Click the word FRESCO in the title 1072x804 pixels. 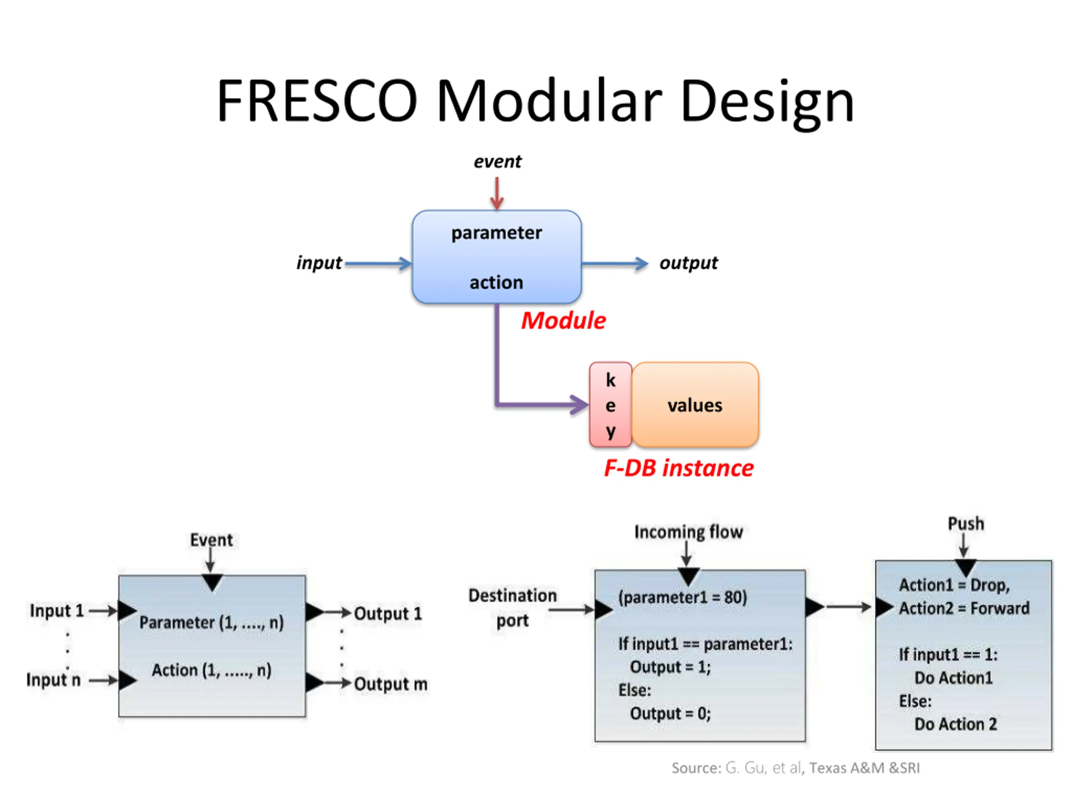pos(317,100)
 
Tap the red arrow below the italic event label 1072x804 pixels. pos(497,193)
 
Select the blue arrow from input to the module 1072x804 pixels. pos(379,264)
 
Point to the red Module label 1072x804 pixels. pos(563,321)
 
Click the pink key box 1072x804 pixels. pos(611,405)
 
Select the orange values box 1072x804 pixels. pos(695,405)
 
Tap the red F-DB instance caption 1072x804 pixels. pos(678,468)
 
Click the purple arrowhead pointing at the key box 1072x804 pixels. pos(579,405)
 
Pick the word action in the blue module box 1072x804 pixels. pos(496,283)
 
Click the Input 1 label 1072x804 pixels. pos(57,611)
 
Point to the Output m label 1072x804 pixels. pos(391,684)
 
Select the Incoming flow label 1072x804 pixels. pos(689,532)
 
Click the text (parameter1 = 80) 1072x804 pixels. pos(683,598)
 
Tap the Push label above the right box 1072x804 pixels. pos(966,524)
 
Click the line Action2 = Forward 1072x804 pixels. pos(964,608)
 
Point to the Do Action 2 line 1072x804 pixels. pos(956,724)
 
